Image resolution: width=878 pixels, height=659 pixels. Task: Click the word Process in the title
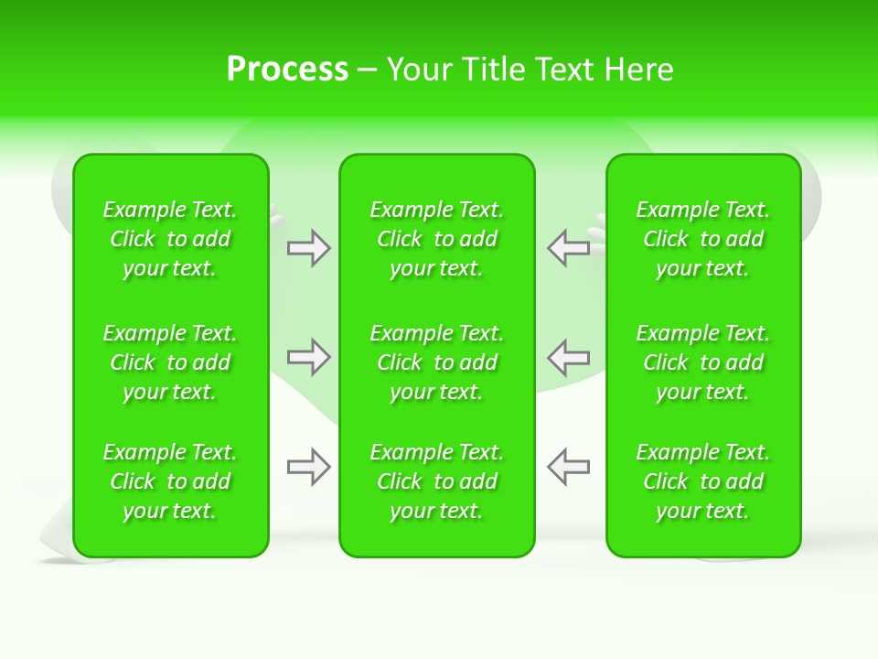287,70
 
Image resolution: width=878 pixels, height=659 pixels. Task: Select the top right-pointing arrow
309,248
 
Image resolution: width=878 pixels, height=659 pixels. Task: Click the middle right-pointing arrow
309,356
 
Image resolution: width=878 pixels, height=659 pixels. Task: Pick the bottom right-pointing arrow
309,467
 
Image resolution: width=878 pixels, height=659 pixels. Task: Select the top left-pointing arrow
568,248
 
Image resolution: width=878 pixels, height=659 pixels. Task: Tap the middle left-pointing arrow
568,356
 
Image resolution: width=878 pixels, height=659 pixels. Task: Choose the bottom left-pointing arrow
568,467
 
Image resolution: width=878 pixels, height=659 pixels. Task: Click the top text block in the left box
170,239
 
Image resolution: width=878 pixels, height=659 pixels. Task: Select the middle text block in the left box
170,362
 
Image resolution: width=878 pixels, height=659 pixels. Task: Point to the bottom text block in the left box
170,481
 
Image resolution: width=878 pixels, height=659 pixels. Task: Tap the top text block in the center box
437,239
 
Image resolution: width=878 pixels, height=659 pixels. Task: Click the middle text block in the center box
437,362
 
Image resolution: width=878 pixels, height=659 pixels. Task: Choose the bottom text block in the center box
437,481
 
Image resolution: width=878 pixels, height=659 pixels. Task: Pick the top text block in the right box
703,239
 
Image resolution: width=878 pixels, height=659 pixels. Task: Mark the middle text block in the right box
703,362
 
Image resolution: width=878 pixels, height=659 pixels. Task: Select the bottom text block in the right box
703,481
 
